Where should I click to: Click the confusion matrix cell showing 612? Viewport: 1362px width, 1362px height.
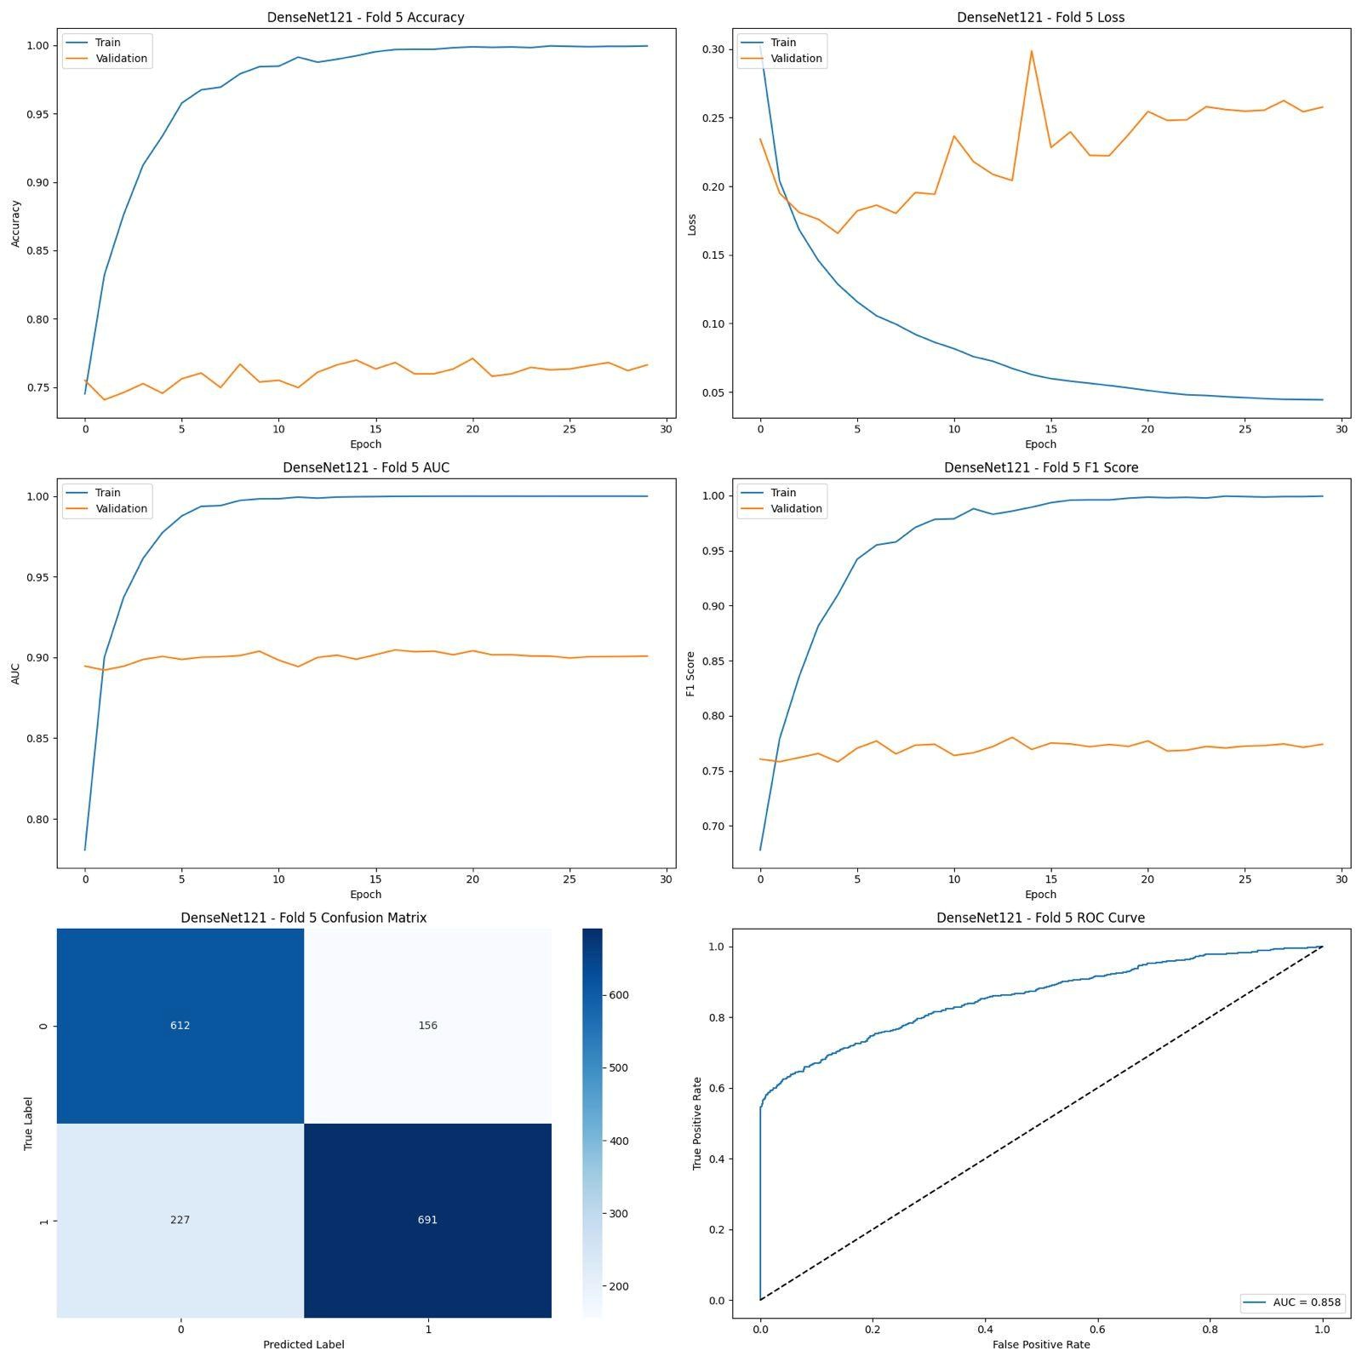pos(180,1025)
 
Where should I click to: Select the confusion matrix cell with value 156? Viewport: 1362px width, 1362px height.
pos(427,1025)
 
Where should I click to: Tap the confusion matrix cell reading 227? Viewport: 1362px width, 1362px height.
pos(180,1220)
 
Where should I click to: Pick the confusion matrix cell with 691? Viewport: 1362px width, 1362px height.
pos(427,1220)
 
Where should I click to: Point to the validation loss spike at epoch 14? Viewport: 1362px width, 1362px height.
pos(1031,51)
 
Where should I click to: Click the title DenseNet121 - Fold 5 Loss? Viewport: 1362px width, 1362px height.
pos(1040,17)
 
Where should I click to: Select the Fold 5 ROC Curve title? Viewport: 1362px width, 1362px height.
pos(1040,918)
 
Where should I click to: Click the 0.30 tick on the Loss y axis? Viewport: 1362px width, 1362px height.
pos(713,49)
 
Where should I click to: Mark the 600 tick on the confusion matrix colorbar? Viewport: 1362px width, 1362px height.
pos(618,995)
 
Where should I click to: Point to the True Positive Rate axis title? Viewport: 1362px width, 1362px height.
pos(697,1123)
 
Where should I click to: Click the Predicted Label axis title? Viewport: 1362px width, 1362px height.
pos(303,1344)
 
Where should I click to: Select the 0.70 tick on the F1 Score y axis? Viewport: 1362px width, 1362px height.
pos(712,826)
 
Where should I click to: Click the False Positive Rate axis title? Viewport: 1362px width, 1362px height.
pos(1040,1344)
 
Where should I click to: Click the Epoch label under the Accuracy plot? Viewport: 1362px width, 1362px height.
pos(365,444)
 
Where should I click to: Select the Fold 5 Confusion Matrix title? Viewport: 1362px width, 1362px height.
pos(303,918)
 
